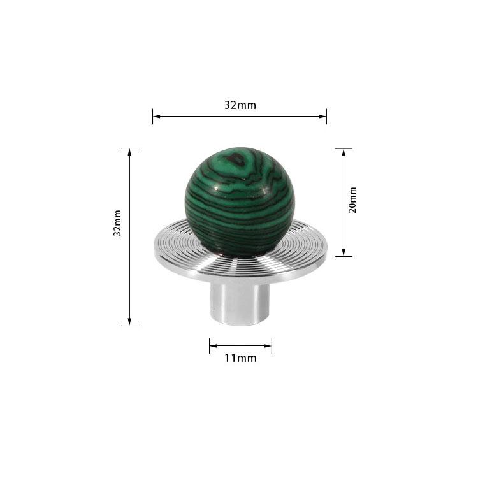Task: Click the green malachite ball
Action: click(240, 202)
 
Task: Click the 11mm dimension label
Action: click(240, 358)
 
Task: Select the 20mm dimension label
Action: click(352, 200)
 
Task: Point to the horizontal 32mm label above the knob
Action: click(240, 105)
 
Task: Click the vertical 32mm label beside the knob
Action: click(117, 222)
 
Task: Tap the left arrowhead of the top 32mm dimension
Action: click(156, 116)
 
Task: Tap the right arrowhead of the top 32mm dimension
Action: click(323, 116)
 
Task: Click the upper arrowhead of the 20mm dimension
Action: click(344, 153)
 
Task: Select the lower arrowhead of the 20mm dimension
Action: click(344, 252)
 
